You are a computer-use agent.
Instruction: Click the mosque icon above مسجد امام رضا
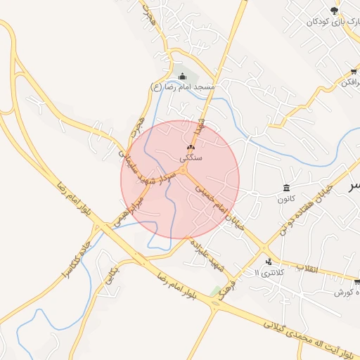[x=183, y=76]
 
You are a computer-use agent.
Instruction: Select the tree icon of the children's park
[x=333, y=11]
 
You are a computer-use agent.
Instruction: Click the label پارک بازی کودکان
[x=328, y=22]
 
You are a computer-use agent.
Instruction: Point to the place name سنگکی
[x=191, y=158]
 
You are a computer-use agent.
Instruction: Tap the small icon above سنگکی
[x=190, y=148]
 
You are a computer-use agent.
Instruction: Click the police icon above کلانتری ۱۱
[x=267, y=262]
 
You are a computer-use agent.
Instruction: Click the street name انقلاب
[x=307, y=269]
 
